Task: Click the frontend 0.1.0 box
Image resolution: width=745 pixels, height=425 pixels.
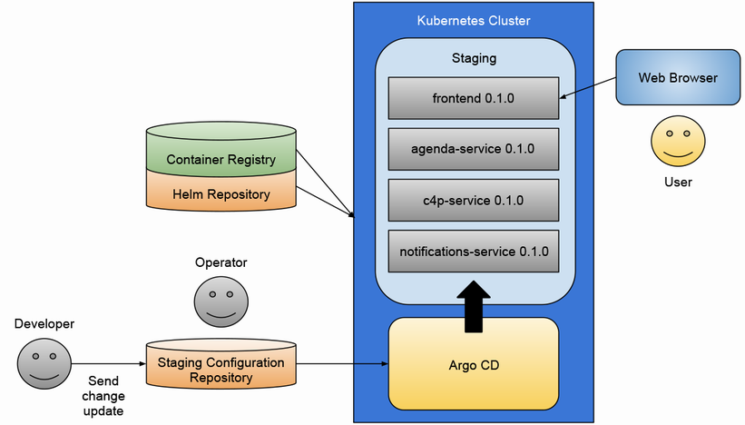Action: click(x=472, y=98)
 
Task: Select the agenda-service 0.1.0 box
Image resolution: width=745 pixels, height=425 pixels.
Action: click(x=472, y=149)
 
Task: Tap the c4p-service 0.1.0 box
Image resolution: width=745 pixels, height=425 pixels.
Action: click(x=472, y=200)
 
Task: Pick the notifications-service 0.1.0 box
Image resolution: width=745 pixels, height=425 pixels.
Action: click(x=472, y=251)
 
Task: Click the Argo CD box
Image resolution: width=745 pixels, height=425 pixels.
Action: click(x=473, y=365)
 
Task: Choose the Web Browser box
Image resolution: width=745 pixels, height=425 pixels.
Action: click(x=678, y=78)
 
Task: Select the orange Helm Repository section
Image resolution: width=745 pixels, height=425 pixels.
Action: click(x=221, y=194)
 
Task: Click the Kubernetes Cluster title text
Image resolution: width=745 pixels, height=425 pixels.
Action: click(x=473, y=20)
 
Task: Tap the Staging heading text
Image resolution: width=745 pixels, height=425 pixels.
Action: click(x=474, y=58)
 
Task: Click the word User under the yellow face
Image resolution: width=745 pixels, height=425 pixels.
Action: click(x=678, y=182)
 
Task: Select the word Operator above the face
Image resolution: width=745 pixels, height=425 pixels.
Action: click(x=221, y=262)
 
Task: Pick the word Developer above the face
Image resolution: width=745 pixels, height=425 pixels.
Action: click(x=44, y=324)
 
